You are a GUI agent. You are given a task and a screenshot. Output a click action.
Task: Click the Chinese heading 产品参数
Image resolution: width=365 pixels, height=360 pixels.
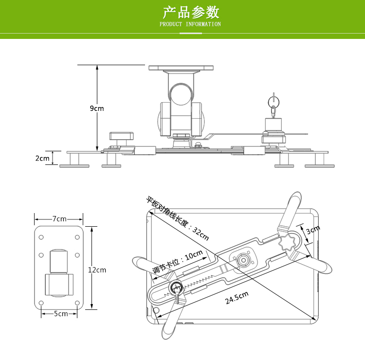(191, 12)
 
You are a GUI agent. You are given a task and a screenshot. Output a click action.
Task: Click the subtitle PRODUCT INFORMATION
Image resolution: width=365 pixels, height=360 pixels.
(190, 24)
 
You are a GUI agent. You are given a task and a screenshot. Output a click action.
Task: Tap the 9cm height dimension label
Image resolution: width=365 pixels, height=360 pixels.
(97, 108)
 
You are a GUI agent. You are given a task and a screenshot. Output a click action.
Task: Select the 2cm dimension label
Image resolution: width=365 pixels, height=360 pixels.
(42, 158)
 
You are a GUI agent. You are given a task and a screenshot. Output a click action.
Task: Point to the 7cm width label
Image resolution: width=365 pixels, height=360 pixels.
(59, 219)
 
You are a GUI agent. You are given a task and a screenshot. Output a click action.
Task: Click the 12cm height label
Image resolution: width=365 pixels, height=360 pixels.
(97, 270)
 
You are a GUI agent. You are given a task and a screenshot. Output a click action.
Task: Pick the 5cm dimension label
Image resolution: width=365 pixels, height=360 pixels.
(61, 314)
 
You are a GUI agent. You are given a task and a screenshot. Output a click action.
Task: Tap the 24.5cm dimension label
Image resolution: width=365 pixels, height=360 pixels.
(237, 298)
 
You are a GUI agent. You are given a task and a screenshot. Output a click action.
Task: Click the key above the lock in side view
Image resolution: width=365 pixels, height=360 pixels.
(274, 102)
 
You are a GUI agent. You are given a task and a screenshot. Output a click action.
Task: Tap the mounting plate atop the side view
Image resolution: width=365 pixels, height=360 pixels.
(181, 69)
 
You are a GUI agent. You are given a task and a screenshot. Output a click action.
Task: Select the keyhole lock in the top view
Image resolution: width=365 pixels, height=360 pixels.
(175, 289)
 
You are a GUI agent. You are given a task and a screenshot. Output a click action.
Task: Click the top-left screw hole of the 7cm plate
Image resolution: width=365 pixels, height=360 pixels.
(41, 237)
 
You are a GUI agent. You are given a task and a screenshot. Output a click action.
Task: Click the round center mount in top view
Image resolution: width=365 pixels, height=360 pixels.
(242, 260)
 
